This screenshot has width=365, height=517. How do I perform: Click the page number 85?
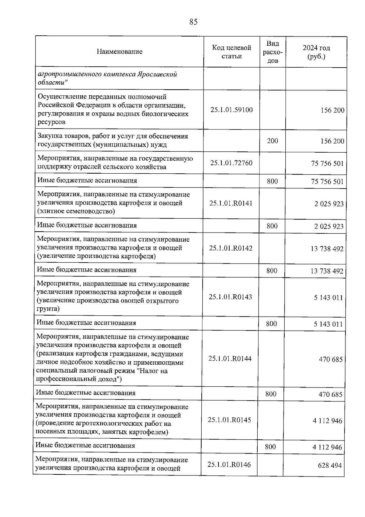[x=193, y=22]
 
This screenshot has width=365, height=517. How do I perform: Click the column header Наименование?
[x=120, y=51]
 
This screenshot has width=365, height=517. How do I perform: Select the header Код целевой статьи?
[x=231, y=52]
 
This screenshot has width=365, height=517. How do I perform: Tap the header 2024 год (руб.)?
[x=316, y=52]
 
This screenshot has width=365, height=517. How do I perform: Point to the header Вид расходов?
[x=273, y=52]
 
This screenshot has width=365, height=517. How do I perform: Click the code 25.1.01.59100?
[x=231, y=110]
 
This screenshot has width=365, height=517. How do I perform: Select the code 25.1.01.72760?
[x=231, y=163]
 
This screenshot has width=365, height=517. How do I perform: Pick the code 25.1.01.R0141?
[x=231, y=203]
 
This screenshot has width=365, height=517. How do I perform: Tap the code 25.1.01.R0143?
[x=230, y=297]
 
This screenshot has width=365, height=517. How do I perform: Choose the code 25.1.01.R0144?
[x=230, y=359]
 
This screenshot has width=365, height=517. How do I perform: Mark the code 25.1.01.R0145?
[x=229, y=420]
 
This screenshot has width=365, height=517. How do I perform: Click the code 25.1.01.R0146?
[x=229, y=465]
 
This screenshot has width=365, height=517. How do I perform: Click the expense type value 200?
[x=272, y=141]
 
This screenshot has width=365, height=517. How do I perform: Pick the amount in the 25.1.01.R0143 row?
[x=328, y=298]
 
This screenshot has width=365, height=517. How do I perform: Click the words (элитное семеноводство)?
[x=76, y=211]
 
